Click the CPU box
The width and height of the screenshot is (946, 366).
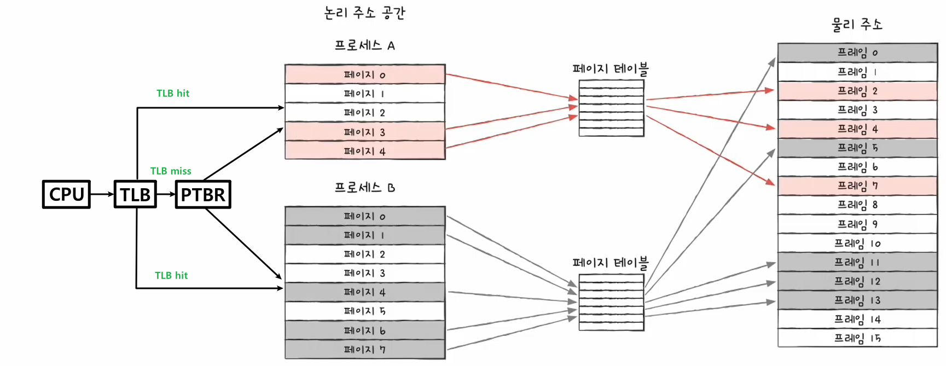pyautogui.click(x=66, y=194)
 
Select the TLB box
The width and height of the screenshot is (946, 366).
pyautogui.click(x=135, y=194)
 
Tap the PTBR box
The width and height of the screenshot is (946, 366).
pyautogui.click(x=203, y=194)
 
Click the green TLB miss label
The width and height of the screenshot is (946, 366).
pyautogui.click(x=171, y=171)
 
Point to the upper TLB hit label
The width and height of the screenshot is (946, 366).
pyautogui.click(x=173, y=94)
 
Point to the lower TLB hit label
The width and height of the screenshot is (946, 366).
pyautogui.click(x=171, y=276)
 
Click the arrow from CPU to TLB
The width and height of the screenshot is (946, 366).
pyautogui.click(x=102, y=194)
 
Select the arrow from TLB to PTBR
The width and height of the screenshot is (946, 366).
pyautogui.click(x=166, y=194)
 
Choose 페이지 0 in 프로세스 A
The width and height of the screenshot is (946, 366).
pyautogui.click(x=365, y=74)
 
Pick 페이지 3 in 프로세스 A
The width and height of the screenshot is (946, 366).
pyautogui.click(x=365, y=132)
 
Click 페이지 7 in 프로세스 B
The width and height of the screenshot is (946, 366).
pyautogui.click(x=365, y=349)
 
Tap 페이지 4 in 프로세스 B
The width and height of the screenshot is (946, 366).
pyautogui.click(x=365, y=292)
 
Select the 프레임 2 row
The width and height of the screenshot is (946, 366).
pyautogui.click(x=857, y=91)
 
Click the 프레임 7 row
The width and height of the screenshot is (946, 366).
pyautogui.click(x=857, y=186)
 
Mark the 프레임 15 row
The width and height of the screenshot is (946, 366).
pyautogui.click(x=857, y=338)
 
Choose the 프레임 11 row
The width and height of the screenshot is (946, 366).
pyautogui.click(x=857, y=262)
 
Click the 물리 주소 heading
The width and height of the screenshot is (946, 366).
pyautogui.click(x=857, y=24)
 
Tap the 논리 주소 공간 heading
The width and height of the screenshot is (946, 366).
pyautogui.click(x=364, y=13)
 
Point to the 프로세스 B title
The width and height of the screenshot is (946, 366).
pyautogui.click(x=365, y=187)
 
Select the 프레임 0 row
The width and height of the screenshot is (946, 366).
pyautogui.click(x=857, y=53)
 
